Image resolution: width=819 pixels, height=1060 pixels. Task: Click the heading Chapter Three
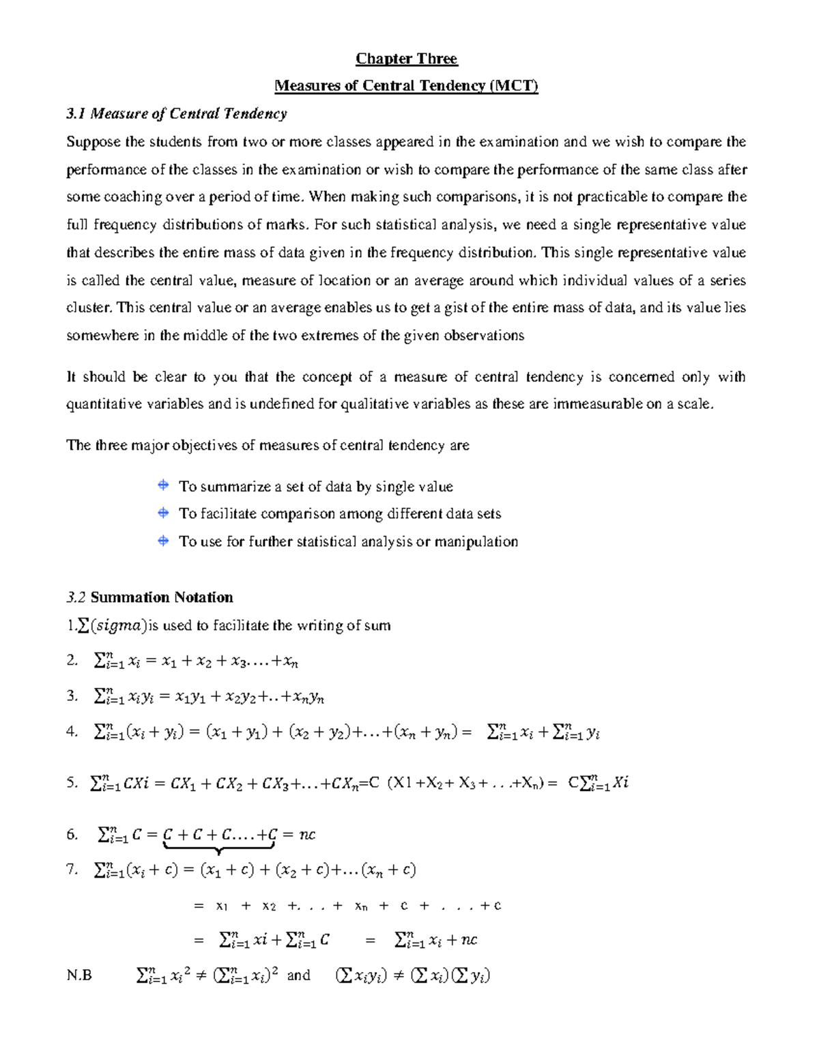[406, 59]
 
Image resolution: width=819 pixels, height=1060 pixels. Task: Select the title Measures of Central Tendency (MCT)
[406, 86]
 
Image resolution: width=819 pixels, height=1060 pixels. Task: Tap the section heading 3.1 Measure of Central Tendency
[176, 114]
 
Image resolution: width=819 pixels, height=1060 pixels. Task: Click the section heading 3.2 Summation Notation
[149, 598]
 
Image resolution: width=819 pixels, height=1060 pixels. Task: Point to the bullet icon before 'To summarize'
[163, 486]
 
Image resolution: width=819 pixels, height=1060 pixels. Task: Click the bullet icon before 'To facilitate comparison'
[163, 513]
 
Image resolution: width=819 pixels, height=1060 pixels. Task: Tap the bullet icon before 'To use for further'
[163, 541]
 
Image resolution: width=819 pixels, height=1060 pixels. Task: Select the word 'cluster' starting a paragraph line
[88, 308]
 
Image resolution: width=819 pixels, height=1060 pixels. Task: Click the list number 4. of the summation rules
[72, 732]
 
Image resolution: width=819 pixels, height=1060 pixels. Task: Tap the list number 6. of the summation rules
[72, 834]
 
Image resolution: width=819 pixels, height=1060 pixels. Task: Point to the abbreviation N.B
[79, 975]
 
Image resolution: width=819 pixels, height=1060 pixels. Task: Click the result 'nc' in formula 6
[307, 834]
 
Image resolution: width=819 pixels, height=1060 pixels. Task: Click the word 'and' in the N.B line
[298, 975]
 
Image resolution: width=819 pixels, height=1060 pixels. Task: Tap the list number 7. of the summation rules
[72, 870]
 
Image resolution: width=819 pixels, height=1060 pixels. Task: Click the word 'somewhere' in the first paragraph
[95, 336]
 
